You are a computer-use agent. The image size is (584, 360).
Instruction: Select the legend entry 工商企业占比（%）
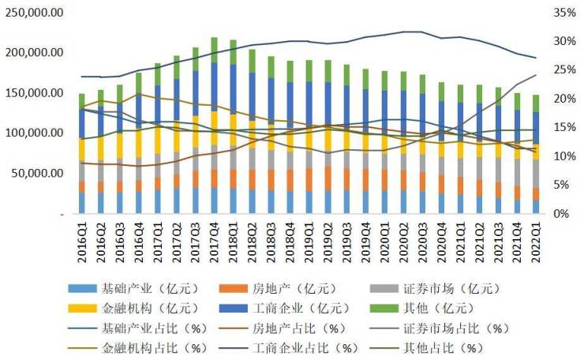pyautogui.click(x=310, y=347)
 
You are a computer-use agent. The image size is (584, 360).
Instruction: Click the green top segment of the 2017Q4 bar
pyautogui.click(x=214, y=49)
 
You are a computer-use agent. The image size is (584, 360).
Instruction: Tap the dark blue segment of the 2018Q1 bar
pyautogui.click(x=233, y=89)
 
